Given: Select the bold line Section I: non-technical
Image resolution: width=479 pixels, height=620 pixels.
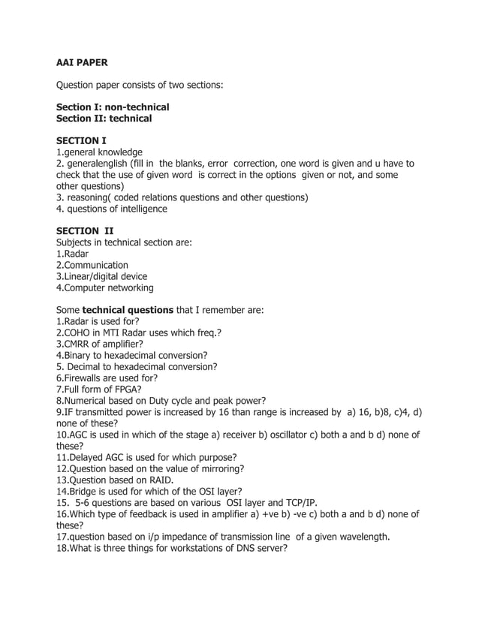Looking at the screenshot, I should click(113, 107).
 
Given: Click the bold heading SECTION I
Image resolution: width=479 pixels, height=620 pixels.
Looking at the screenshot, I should click(82, 140).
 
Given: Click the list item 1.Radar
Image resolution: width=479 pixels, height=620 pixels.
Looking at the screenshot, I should click(73, 254).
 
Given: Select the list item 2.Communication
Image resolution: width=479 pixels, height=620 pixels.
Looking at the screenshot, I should click(92, 265).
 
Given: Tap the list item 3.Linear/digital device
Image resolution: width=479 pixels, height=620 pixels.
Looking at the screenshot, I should click(102, 276).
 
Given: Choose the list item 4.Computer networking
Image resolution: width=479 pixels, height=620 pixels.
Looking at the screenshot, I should click(105, 287).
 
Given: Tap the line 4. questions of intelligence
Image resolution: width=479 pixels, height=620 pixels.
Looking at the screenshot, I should click(112, 209).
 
